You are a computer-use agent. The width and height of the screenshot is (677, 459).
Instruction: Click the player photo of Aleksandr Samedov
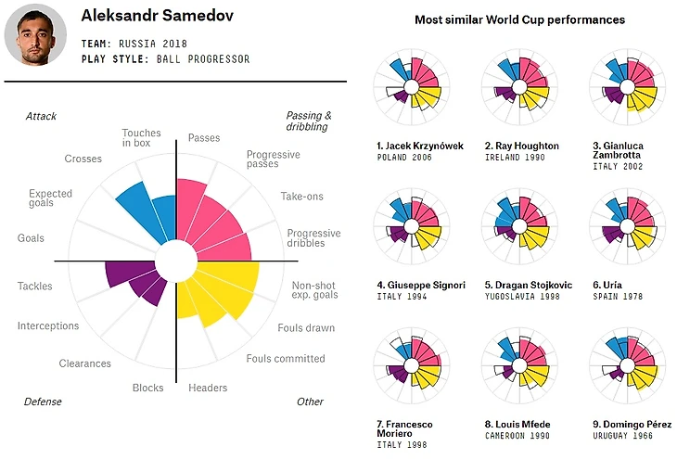(x=35, y=34)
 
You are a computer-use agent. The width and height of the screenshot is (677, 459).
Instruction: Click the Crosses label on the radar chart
(x=83, y=159)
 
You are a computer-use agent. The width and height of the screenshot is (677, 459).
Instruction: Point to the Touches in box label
(x=141, y=139)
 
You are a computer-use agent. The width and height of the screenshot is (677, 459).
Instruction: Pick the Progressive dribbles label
(x=313, y=238)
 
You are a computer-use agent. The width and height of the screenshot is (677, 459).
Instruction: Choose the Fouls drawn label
(x=306, y=327)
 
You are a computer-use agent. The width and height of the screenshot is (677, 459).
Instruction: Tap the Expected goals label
(x=50, y=199)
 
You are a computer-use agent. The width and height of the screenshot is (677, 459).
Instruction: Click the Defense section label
(x=43, y=402)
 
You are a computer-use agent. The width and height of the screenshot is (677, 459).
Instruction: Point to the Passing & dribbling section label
(x=308, y=121)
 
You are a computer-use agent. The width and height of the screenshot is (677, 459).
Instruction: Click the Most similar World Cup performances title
(x=519, y=19)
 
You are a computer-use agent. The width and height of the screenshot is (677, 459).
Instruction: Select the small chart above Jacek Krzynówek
(x=409, y=89)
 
